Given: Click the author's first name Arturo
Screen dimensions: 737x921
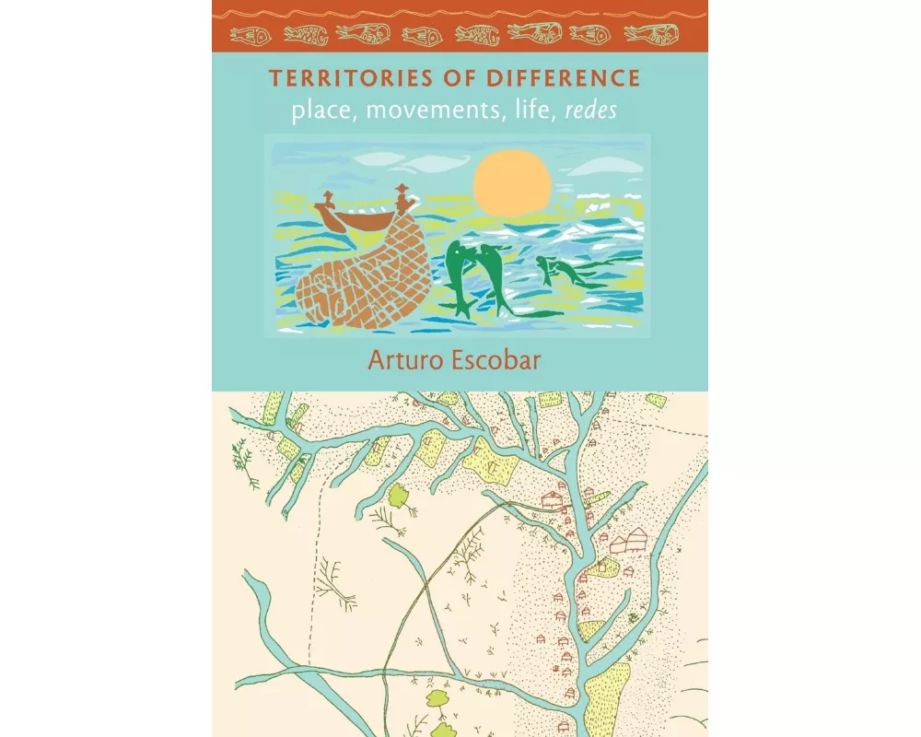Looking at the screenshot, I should (403, 358).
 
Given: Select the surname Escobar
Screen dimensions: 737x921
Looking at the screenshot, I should (502, 358).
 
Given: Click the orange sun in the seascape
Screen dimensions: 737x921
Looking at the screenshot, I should (512, 182).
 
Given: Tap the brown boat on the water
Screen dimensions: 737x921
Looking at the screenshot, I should (354, 219).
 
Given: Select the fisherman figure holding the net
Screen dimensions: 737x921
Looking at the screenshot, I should (402, 197).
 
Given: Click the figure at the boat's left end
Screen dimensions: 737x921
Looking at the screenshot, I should (327, 200).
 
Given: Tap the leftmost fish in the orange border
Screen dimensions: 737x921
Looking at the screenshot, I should (248, 35).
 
